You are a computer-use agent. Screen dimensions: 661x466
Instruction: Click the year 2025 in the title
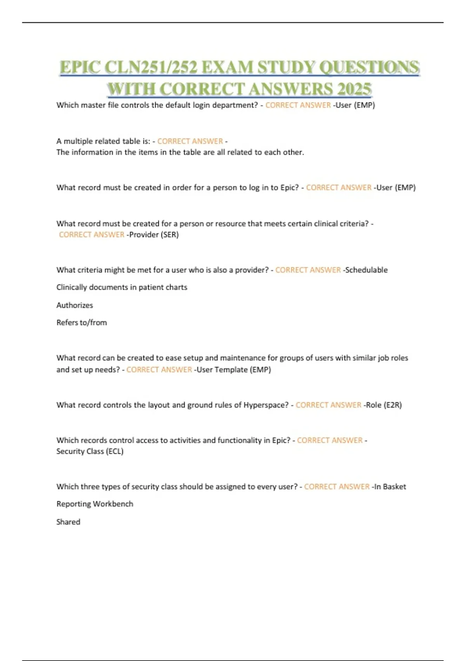354,89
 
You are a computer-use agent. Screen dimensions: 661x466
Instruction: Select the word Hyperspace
266,405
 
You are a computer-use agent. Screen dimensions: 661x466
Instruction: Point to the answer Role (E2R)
384,405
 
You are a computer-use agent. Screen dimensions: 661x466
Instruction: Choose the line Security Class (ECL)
90,451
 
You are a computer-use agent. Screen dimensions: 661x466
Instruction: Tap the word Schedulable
366,270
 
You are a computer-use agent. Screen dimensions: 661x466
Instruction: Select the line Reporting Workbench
95,504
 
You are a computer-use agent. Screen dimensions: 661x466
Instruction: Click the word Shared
68,522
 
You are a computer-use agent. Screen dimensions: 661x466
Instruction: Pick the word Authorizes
75,305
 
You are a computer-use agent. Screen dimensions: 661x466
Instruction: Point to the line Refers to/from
82,322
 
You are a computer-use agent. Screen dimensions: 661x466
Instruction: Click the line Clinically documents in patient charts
122,287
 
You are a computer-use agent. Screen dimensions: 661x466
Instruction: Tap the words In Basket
390,486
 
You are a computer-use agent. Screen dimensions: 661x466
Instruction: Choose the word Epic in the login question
289,187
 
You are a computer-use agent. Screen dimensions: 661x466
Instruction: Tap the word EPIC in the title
80,67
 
